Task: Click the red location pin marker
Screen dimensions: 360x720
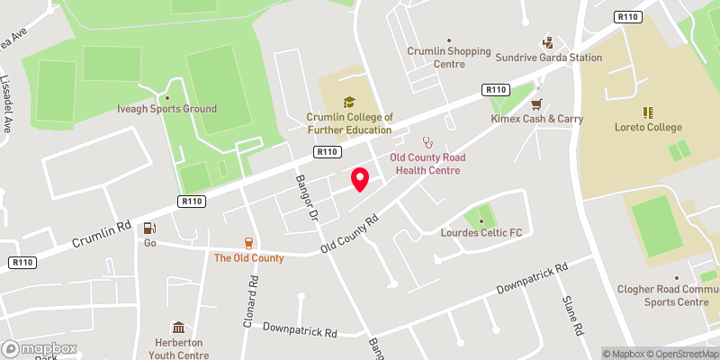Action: click(359, 179)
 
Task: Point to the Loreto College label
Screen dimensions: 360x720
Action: click(647, 128)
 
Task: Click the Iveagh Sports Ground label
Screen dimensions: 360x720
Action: click(167, 109)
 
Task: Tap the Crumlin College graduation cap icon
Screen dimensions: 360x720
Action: click(349, 102)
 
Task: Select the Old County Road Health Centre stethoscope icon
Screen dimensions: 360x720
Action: click(427, 142)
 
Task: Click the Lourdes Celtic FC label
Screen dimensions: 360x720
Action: click(481, 233)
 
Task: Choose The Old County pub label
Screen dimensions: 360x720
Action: click(248, 258)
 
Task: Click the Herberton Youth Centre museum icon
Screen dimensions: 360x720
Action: click(178, 327)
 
